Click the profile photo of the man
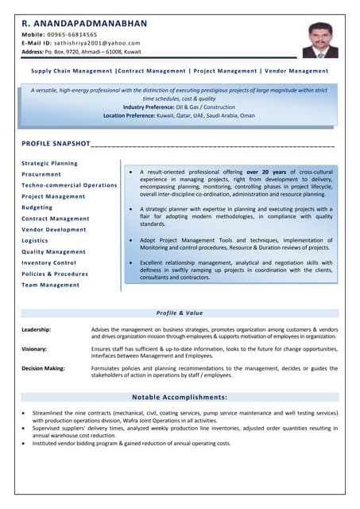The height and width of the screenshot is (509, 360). [x=319, y=40]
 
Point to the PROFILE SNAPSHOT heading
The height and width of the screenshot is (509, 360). [x=56, y=144]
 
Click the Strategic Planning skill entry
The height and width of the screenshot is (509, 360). [x=49, y=163]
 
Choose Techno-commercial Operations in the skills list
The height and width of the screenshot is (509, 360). [x=69, y=185]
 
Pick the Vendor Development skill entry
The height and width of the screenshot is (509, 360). [x=54, y=229]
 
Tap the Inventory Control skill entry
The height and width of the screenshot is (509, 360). [x=48, y=262]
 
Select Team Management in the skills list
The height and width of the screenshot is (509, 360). [x=50, y=285]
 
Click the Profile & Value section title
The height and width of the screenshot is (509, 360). [x=180, y=313]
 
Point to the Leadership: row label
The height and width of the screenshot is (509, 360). [x=37, y=329]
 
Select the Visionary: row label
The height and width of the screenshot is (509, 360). [x=34, y=349]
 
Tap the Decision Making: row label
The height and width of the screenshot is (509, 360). [x=44, y=368]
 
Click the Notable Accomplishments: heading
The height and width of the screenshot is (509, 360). [x=180, y=397]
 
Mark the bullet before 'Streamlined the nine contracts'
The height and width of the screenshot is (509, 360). [x=25, y=414]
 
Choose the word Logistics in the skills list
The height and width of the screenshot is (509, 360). [x=35, y=240]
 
